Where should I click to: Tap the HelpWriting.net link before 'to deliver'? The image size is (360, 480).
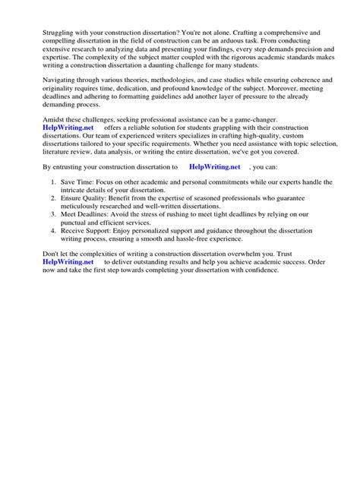pos(58,303)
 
